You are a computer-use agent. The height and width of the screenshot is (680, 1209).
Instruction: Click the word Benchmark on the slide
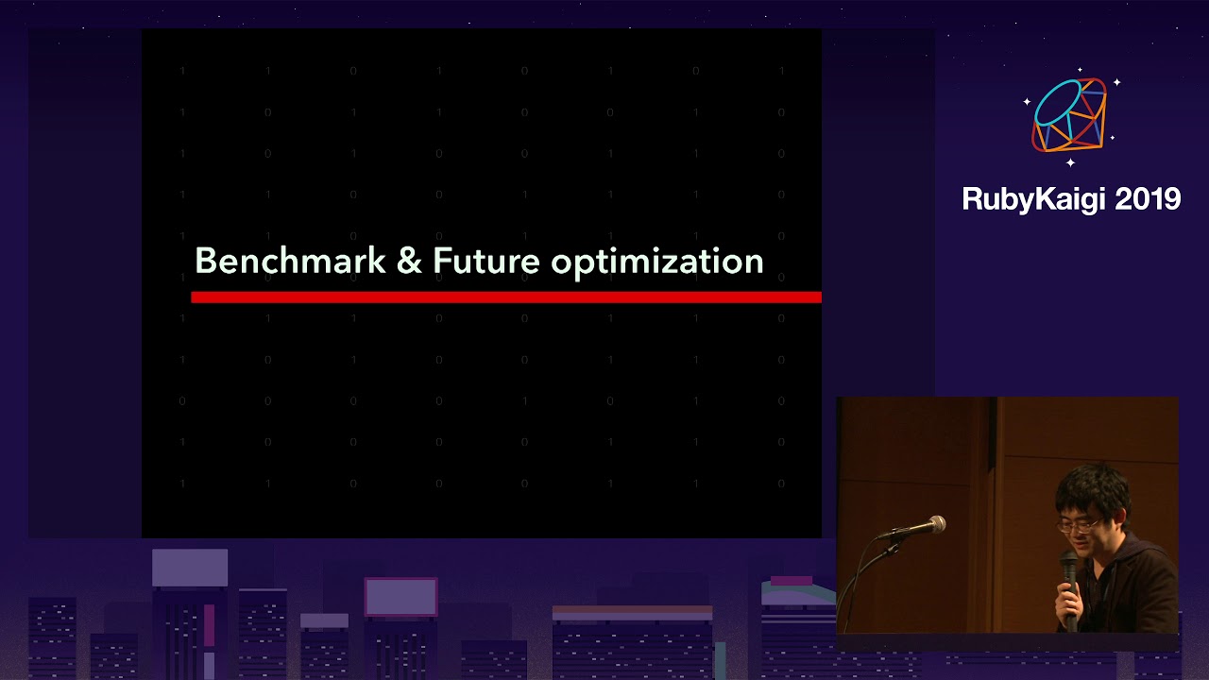click(290, 261)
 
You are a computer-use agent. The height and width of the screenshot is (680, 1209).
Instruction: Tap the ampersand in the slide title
click(409, 262)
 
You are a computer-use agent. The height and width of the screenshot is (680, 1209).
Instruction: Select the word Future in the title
click(485, 262)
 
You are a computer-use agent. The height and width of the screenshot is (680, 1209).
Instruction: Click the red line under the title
click(505, 297)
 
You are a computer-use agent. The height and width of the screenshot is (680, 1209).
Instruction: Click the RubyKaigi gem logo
click(1069, 115)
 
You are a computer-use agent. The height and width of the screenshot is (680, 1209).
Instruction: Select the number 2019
click(1148, 199)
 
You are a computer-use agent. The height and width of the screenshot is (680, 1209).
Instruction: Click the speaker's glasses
click(1079, 522)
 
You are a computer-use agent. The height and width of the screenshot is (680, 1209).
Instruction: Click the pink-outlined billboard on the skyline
click(400, 597)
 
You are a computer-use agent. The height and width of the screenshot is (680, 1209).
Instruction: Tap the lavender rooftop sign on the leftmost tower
click(190, 568)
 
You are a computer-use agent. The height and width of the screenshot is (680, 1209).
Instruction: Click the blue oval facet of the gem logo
click(1057, 102)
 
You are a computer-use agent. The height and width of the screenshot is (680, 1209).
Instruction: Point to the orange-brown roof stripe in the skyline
click(632, 613)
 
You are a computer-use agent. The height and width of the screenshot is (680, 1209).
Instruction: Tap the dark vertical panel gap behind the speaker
click(993, 491)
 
